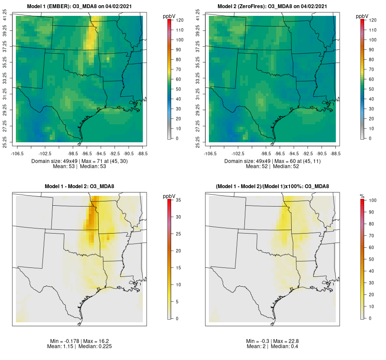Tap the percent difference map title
272,186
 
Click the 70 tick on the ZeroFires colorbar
373,69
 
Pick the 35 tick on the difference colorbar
180,200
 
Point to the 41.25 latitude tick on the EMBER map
5,16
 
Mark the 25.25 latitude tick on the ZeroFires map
198,142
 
